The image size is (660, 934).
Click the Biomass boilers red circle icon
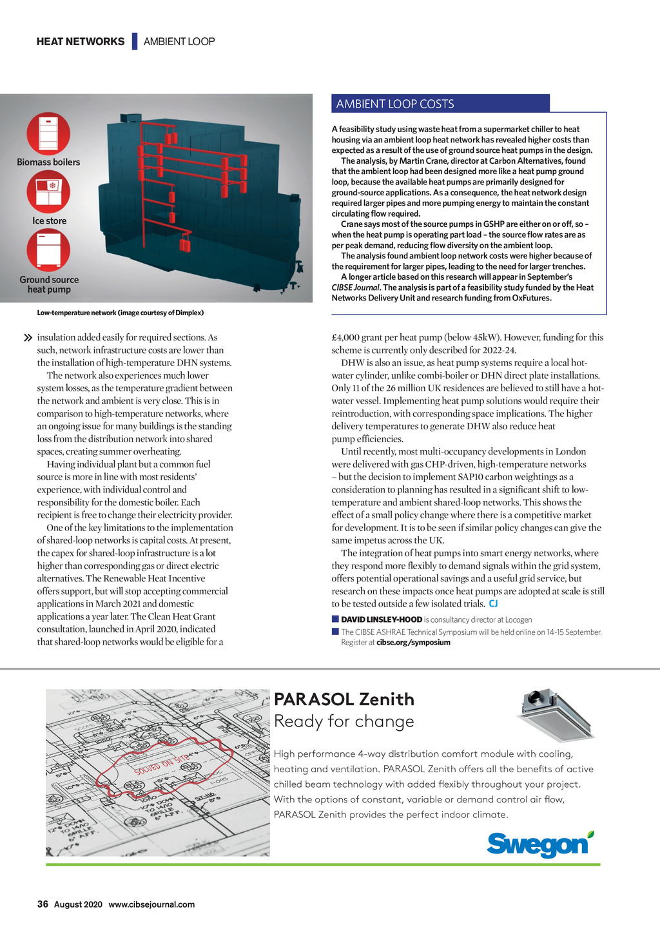click(48, 133)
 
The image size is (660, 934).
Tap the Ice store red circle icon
click(48, 192)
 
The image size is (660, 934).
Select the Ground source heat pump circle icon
click(48, 250)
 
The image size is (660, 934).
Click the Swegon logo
click(540, 844)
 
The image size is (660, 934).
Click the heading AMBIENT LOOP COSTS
click(395, 104)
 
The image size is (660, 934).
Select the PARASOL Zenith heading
click(344, 699)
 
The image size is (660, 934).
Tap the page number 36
click(43, 904)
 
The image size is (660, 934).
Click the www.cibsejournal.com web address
click(151, 904)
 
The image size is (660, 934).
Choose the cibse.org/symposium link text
click(413, 643)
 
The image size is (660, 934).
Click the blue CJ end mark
click(493, 603)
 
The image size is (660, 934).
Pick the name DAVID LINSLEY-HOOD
click(382, 619)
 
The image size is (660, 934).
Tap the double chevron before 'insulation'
click(28, 338)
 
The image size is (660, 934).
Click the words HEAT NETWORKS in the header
click(81, 41)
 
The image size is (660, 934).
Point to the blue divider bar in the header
click(135, 41)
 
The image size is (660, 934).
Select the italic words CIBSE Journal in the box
click(355, 287)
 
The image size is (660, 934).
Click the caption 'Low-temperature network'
click(76, 313)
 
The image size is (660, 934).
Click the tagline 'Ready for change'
click(344, 721)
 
